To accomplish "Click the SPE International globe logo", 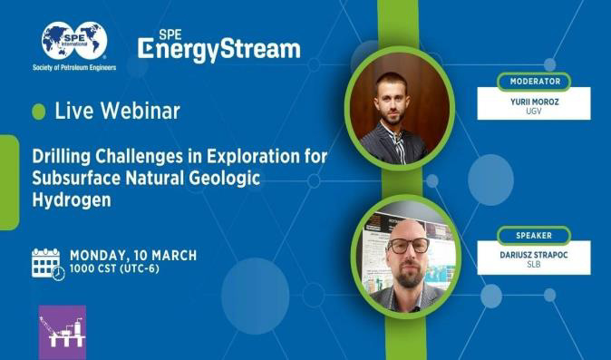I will pyautogui.click(x=74, y=40).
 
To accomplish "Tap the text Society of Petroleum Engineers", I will pyautogui.click(x=74, y=67).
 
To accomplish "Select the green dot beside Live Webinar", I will pyautogui.click(x=39, y=112).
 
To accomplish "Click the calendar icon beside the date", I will pyautogui.click(x=48, y=263).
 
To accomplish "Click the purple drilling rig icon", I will pyautogui.click(x=62, y=332).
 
